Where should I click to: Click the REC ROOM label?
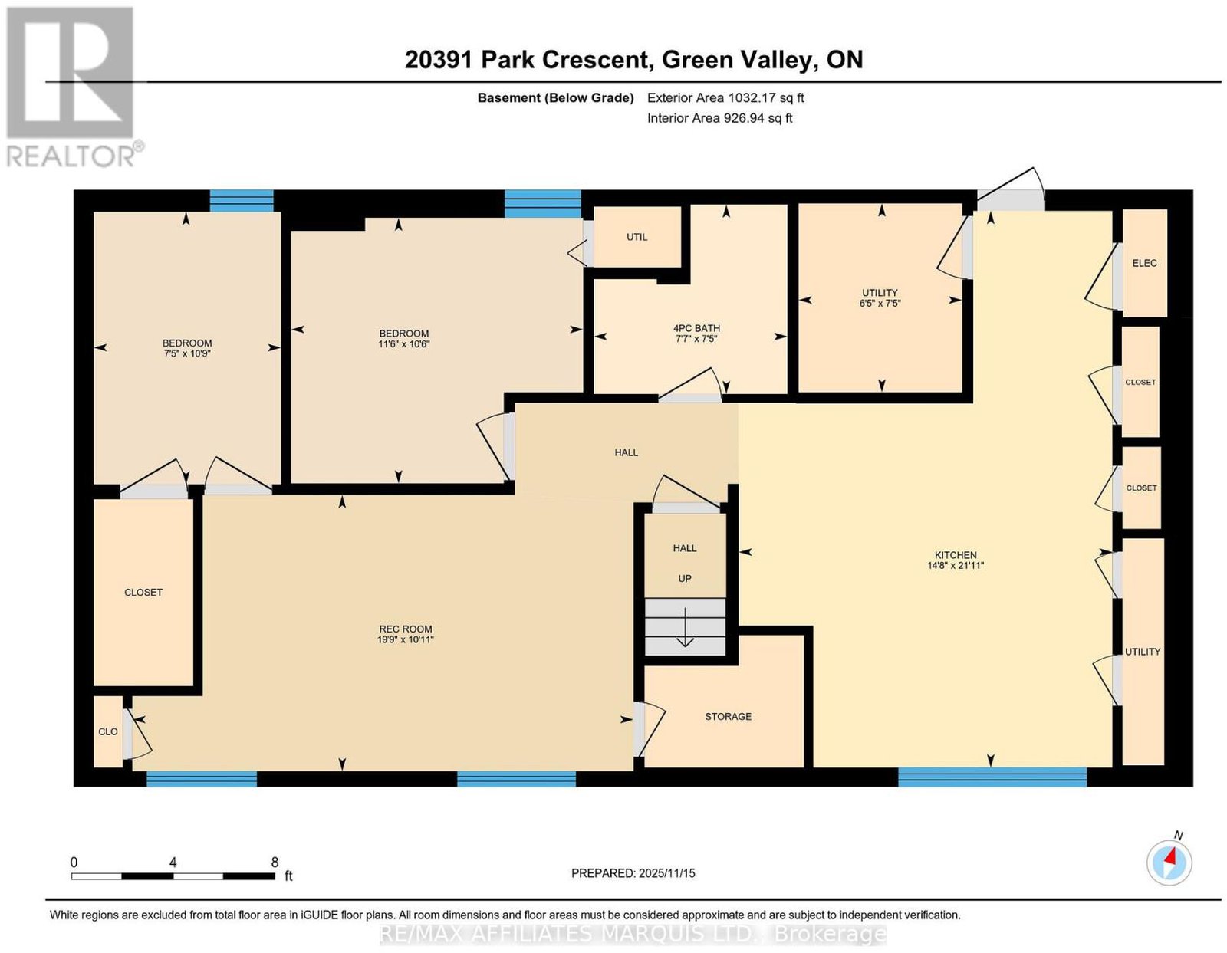[405, 629]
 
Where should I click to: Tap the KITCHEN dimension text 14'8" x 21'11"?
[956, 565]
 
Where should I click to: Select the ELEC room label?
[1144, 263]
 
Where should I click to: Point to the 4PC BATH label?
[696, 328]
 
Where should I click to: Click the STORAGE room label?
[728, 717]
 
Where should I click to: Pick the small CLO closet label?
[108, 732]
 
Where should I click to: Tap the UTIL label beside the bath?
[637, 237]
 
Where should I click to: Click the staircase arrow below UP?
[685, 627]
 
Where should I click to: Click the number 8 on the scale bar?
[275, 863]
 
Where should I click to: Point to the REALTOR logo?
[72, 87]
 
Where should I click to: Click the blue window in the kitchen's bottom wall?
[992, 777]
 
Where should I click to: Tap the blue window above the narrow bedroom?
[242, 201]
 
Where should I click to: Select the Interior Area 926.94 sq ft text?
[719, 119]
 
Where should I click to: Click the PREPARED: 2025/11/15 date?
[633, 873]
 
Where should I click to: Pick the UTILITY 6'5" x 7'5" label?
[879, 298]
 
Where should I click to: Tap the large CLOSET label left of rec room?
[143, 593]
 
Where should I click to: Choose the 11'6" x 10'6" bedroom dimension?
[403, 343]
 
